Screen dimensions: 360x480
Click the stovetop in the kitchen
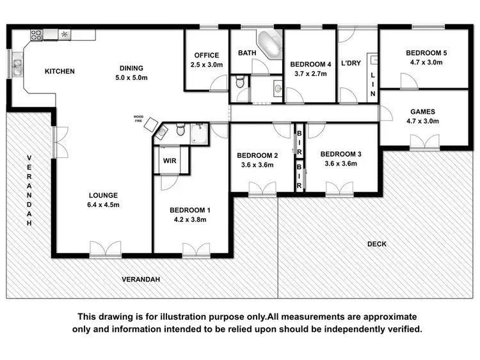[36, 35]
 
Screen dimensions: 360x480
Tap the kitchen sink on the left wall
[16, 63]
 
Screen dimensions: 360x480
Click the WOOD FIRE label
[138, 118]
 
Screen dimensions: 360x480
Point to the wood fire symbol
[151, 125]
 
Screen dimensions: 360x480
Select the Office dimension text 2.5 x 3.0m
[206, 65]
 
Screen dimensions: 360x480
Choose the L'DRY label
[352, 64]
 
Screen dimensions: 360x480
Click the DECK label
[376, 244]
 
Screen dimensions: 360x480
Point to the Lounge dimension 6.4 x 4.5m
[104, 205]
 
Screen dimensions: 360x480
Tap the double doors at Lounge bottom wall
[105, 250]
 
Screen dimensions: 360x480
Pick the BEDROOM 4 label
[310, 64]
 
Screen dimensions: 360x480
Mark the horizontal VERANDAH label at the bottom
[141, 279]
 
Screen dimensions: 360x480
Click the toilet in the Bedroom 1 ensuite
[180, 130]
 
